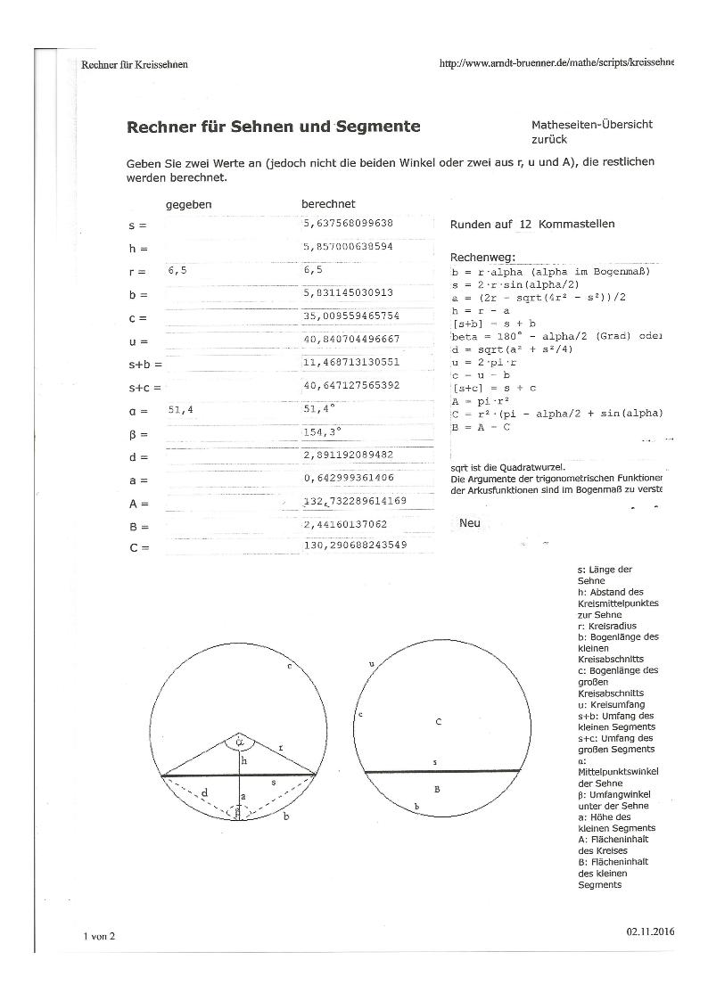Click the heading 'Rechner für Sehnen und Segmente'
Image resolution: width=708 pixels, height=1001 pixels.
pyautogui.click(x=274, y=127)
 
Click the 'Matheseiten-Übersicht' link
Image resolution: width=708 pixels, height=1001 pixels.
pyautogui.click(x=592, y=125)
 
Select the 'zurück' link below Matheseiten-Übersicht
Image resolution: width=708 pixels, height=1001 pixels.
pyautogui.click(x=548, y=141)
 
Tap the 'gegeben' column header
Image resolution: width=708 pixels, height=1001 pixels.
pyautogui.click(x=188, y=204)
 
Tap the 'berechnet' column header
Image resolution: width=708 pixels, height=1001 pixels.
pyautogui.click(x=328, y=204)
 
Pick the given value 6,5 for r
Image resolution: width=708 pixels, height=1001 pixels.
pyautogui.click(x=177, y=269)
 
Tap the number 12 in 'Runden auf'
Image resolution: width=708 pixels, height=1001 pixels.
pyautogui.click(x=525, y=225)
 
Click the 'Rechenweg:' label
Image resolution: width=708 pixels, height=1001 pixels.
pyautogui.click(x=482, y=257)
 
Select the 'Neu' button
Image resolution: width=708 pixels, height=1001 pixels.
pyautogui.click(x=470, y=523)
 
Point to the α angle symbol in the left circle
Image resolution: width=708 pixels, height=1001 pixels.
pyautogui.click(x=239, y=739)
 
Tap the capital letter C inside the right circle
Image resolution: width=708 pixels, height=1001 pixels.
pyautogui.click(x=438, y=721)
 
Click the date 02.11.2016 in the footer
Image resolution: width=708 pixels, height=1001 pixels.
pyautogui.click(x=651, y=931)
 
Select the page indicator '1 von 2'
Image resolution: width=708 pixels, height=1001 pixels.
pyautogui.click(x=99, y=936)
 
